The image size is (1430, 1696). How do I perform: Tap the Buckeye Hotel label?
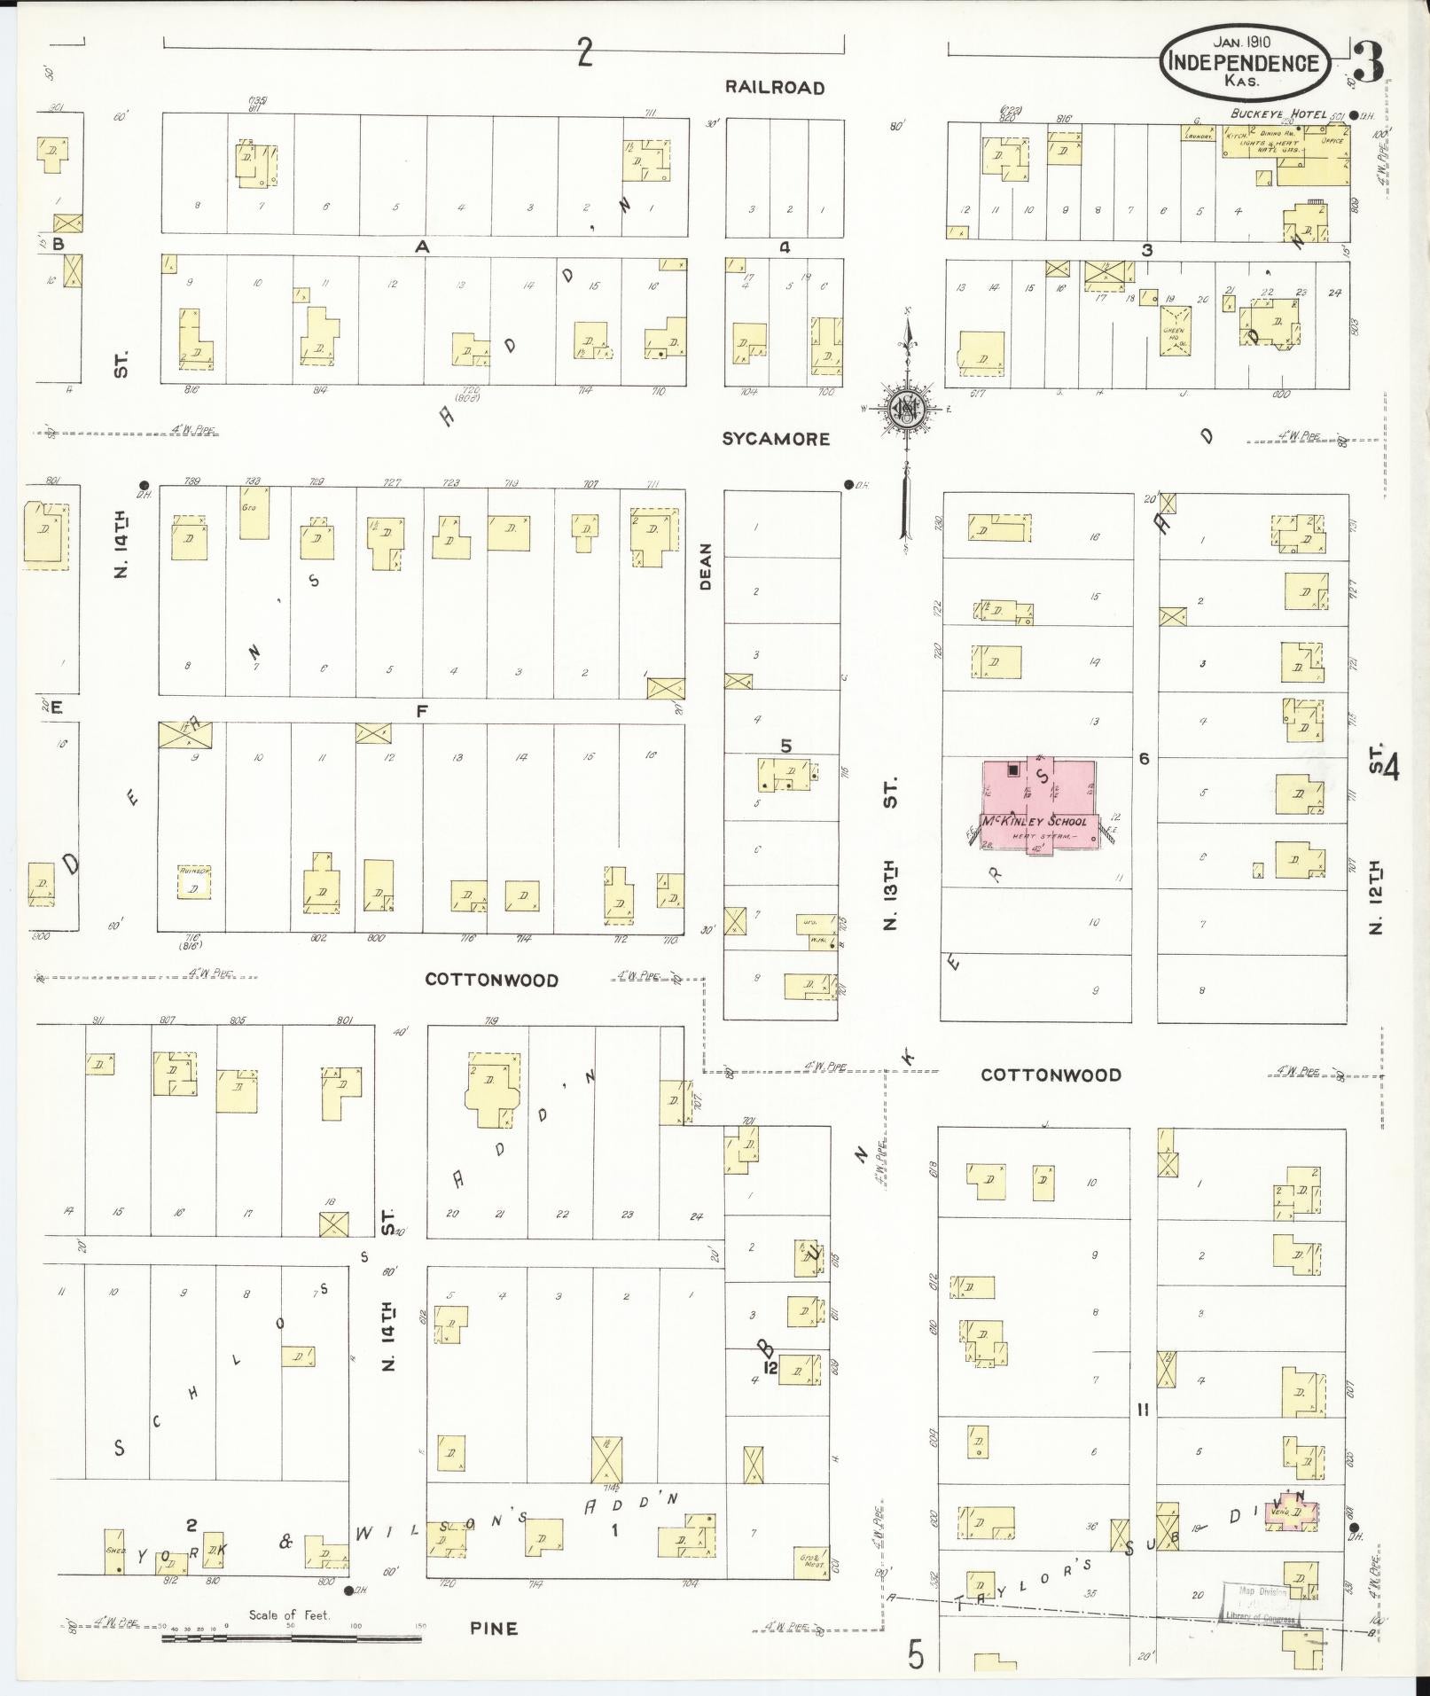click(1277, 113)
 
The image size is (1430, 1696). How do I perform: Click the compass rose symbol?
click(908, 409)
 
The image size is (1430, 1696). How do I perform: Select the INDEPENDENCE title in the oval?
click(1243, 63)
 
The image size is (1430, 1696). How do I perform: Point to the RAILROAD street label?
click(775, 87)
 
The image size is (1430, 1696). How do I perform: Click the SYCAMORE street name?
click(776, 439)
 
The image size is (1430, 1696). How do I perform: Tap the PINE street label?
click(494, 1629)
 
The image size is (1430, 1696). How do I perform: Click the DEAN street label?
click(707, 567)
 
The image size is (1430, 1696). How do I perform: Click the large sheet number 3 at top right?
click(1369, 64)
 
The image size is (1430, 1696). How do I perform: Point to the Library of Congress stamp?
click(1261, 1603)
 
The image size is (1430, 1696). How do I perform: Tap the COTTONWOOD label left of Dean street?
click(491, 980)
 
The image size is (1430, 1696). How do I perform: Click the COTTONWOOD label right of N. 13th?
click(1051, 1075)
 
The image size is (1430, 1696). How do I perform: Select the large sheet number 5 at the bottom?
click(916, 1653)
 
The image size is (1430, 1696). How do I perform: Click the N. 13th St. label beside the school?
click(891, 851)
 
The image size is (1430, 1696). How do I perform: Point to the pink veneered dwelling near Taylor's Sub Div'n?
click(1290, 1512)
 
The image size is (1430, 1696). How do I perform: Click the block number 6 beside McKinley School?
click(1145, 759)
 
